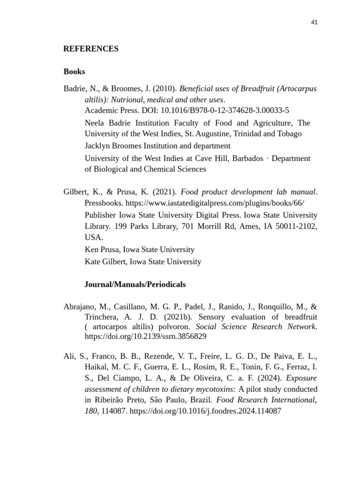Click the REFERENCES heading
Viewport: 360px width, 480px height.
(x=90, y=49)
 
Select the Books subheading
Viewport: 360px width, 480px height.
(x=74, y=72)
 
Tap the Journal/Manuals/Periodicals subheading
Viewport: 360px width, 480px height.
(x=135, y=284)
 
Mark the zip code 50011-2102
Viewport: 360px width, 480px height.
(x=296, y=226)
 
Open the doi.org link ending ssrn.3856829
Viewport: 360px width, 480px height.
(x=145, y=337)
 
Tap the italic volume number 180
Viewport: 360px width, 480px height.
(x=91, y=411)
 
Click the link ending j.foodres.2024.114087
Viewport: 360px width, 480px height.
(x=205, y=411)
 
